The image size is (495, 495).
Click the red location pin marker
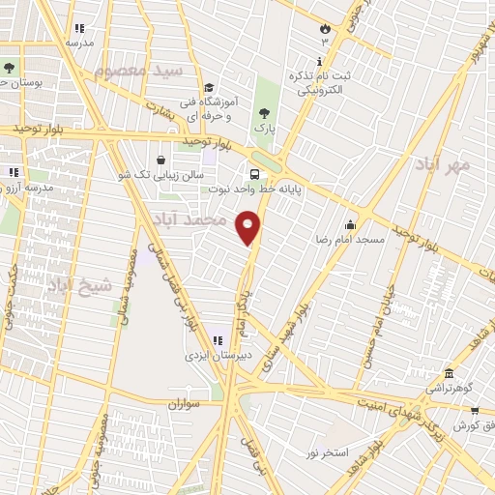248,227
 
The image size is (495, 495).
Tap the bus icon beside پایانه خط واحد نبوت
253,175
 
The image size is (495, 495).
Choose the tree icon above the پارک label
265,114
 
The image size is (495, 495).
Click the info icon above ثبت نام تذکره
319,60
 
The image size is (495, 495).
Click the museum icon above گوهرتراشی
449,373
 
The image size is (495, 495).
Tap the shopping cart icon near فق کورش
474,411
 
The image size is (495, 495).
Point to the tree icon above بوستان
10,68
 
